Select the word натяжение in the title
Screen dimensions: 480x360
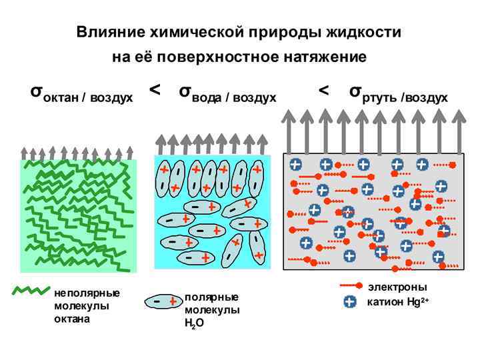point(327,57)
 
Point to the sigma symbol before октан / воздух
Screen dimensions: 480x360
point(37,91)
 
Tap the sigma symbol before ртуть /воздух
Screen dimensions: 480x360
point(357,91)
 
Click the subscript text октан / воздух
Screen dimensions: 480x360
point(88,98)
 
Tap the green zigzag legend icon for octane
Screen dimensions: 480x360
point(31,291)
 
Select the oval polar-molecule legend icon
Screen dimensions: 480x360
point(163,302)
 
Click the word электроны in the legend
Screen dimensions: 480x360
point(397,287)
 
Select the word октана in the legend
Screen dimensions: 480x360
point(71,319)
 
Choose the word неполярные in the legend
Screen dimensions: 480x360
point(87,293)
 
